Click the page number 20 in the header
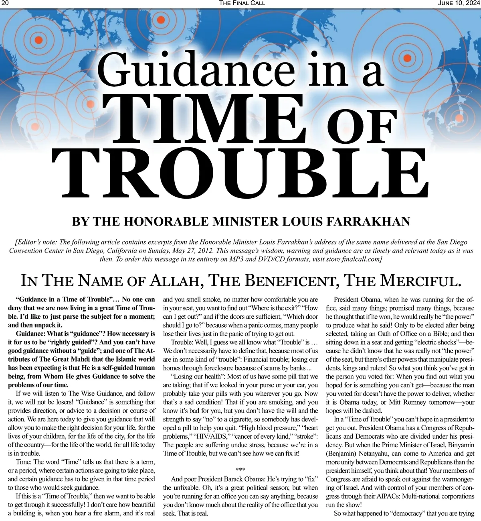coord(5,3)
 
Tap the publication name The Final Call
coord(242,3)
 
